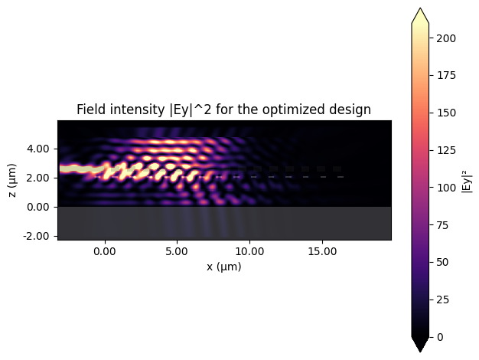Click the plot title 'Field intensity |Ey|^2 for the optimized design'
[x=223, y=110]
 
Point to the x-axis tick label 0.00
[x=104, y=250]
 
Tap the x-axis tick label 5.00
[x=177, y=250]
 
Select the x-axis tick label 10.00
[x=249, y=250]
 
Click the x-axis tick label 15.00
[x=321, y=250]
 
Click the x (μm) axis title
[x=223, y=266]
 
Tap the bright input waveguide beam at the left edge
[x=73, y=169]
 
